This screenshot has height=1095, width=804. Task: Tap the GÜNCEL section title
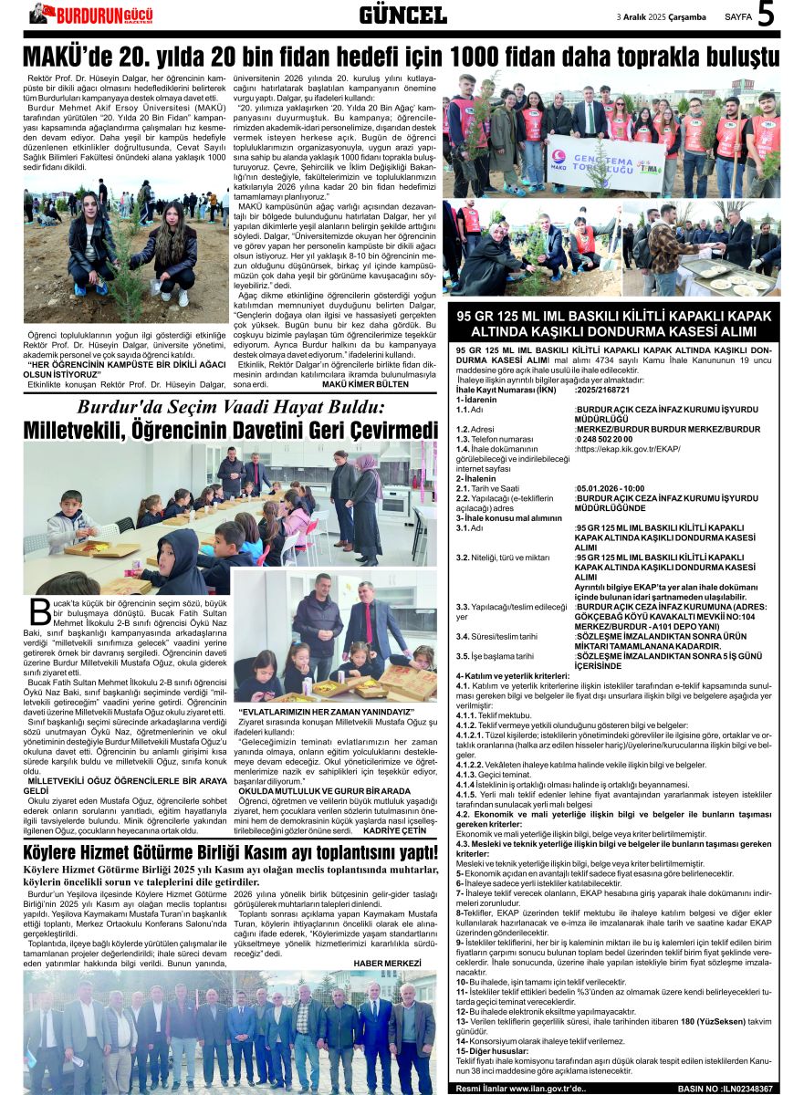pyautogui.click(x=402, y=15)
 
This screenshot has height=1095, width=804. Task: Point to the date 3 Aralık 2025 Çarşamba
pyautogui.click(x=663, y=16)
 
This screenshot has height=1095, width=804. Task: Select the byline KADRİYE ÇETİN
pyautogui.click(x=394, y=830)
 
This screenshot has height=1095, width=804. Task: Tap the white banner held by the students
pyautogui.click(x=606, y=159)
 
